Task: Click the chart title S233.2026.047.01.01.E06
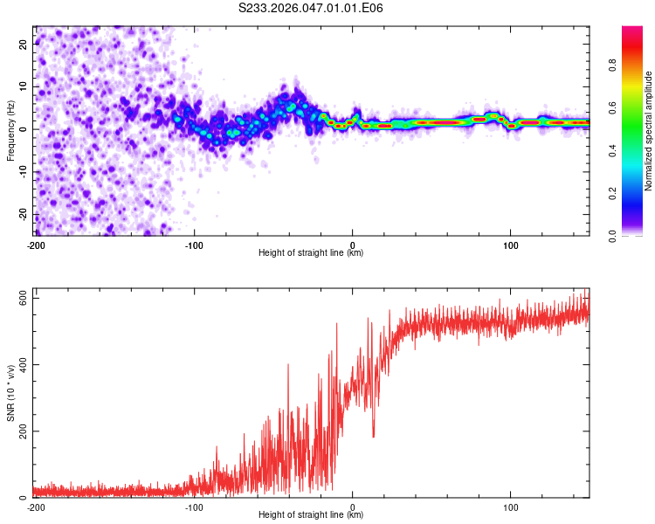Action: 311,9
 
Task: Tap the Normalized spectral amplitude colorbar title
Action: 649,131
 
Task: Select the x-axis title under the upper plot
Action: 311,253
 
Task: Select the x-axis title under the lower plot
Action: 311,515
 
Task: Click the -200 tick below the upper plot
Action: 36,245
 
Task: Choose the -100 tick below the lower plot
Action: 194,507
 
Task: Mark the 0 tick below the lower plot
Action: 353,507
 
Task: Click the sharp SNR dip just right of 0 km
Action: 374,436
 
